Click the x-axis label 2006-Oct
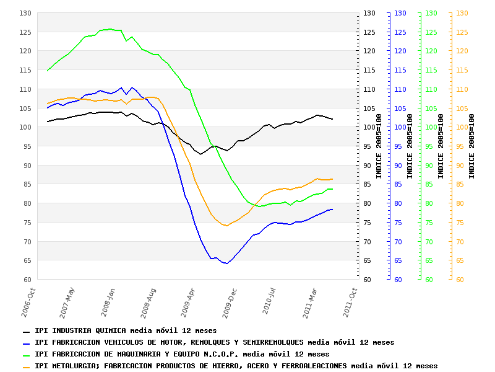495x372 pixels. pyautogui.click(x=30, y=302)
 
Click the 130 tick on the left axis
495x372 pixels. pyautogui.click(x=25, y=13)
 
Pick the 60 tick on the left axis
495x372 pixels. pyautogui.click(x=27, y=280)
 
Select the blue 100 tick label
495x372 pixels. pyautogui.click(x=400, y=128)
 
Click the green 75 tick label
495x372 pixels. pyautogui.click(x=431, y=223)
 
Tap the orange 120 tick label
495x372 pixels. pyautogui.click(x=462, y=51)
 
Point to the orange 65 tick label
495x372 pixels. pyautogui.click(x=462, y=261)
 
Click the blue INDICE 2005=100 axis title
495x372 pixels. pyautogui.click(x=410, y=146)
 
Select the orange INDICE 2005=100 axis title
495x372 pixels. pyautogui.click(x=472, y=146)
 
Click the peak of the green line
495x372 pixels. pyautogui.click(x=110, y=29)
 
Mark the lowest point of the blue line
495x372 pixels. pyautogui.click(x=227, y=263)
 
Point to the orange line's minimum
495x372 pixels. pyautogui.click(x=226, y=226)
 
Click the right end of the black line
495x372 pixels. pyautogui.click(x=332, y=119)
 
